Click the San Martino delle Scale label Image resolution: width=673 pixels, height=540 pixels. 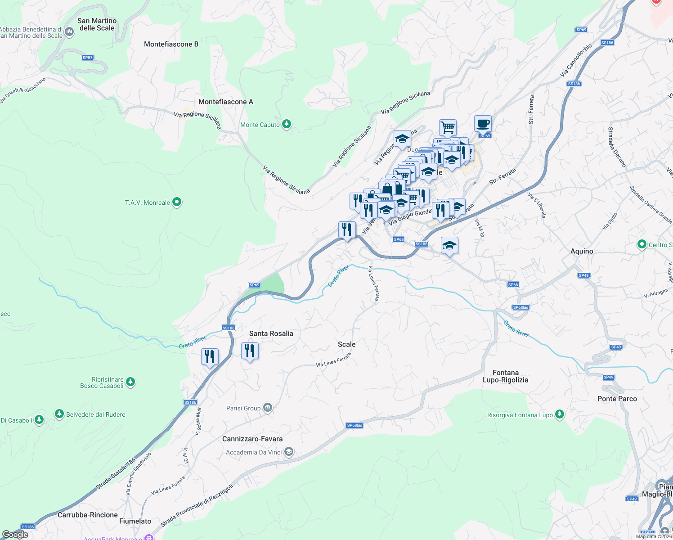(x=97, y=24)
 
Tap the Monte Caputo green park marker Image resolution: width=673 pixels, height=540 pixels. (x=287, y=124)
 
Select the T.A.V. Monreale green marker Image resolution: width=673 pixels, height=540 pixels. (x=177, y=202)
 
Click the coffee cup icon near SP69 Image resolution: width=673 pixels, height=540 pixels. (x=483, y=123)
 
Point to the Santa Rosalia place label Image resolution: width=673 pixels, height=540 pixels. (x=271, y=333)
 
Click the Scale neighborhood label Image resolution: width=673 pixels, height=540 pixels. (x=346, y=344)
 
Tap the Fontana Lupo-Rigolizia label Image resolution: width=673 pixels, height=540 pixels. (x=505, y=376)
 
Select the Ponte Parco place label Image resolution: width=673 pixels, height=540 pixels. (x=617, y=399)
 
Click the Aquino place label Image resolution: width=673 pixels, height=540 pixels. (x=582, y=251)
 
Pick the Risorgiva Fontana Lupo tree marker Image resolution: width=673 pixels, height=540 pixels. (x=559, y=414)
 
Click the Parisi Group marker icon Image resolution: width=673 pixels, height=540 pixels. (x=268, y=408)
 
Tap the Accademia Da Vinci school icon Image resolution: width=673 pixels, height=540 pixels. (x=289, y=452)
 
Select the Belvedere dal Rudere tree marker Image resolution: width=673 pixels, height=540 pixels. (x=59, y=414)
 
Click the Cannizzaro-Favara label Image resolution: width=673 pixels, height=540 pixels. (x=252, y=439)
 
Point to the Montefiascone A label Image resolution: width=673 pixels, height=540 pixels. (x=226, y=102)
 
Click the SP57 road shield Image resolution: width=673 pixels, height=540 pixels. (x=88, y=58)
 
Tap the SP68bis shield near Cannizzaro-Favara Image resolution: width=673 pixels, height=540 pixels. (x=354, y=425)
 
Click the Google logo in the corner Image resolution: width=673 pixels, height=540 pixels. (x=15, y=534)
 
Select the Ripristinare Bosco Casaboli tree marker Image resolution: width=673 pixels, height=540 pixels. (x=130, y=382)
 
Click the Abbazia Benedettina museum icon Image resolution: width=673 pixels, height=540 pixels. (x=69, y=31)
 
